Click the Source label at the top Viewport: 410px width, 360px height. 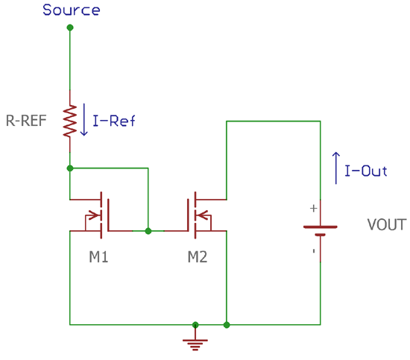[x=71, y=10]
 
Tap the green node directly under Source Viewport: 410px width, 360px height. [x=70, y=28]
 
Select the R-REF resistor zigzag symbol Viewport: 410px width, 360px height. [x=70, y=121]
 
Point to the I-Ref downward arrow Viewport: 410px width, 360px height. [x=83, y=121]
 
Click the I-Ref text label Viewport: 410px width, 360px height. [x=113, y=121]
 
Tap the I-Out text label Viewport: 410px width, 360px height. [x=366, y=171]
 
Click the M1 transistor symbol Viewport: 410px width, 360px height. [x=102, y=215]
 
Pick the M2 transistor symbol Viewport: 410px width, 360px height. [x=196, y=215]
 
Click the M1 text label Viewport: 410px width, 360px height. [x=99, y=258]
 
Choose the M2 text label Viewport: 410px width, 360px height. [x=198, y=258]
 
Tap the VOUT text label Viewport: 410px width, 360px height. [x=387, y=224]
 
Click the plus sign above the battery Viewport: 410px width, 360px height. [x=313, y=209]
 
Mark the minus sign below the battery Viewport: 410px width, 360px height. [x=313, y=251]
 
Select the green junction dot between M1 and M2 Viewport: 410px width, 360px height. [x=148, y=231]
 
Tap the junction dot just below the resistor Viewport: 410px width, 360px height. [x=70, y=168]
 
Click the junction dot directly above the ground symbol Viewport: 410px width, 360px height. [x=195, y=325]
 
